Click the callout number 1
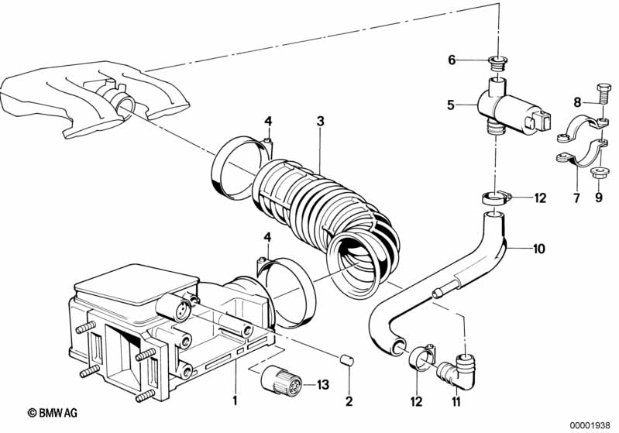[233, 400]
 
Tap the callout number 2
[349, 400]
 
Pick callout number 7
[576, 199]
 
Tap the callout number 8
[576, 101]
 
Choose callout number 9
[598, 199]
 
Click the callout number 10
[538, 249]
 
